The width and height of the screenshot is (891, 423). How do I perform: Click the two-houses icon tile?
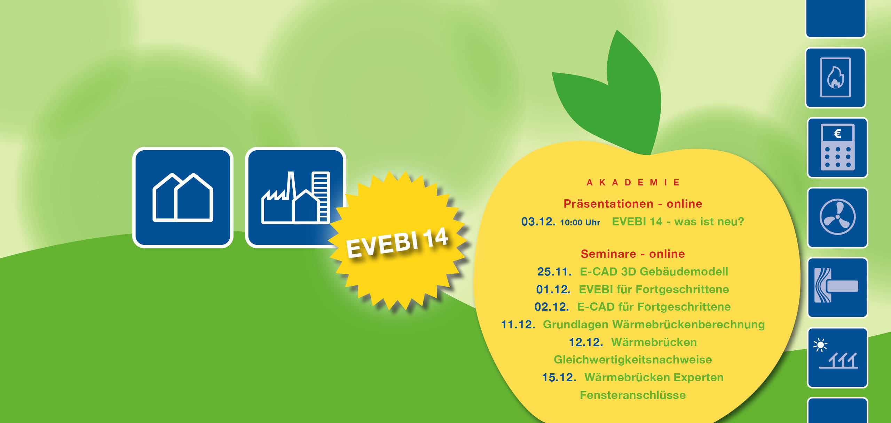(183, 198)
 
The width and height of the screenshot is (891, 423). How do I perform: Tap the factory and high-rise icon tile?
(295, 198)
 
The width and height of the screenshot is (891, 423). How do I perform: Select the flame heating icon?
(835, 78)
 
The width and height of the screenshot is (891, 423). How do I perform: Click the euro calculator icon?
(837, 147)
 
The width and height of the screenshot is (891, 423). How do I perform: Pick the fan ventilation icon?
(837, 217)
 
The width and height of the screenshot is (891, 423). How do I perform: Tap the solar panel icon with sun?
(837, 358)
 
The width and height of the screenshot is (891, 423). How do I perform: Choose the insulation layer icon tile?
(837, 287)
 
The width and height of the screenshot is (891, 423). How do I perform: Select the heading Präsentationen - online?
(633, 203)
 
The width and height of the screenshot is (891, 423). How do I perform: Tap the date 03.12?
(538, 222)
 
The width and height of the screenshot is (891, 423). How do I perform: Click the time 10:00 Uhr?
(580, 223)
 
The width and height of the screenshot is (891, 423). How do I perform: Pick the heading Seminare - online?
(633, 254)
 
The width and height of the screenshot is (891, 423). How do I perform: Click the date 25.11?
(554, 272)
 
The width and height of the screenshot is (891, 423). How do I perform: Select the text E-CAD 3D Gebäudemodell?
(654, 271)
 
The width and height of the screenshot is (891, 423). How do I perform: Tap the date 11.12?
(518, 325)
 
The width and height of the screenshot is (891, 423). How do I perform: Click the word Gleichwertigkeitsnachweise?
(633, 360)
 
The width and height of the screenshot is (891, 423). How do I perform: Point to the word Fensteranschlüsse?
(633, 395)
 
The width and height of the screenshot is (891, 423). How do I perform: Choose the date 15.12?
(559, 377)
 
